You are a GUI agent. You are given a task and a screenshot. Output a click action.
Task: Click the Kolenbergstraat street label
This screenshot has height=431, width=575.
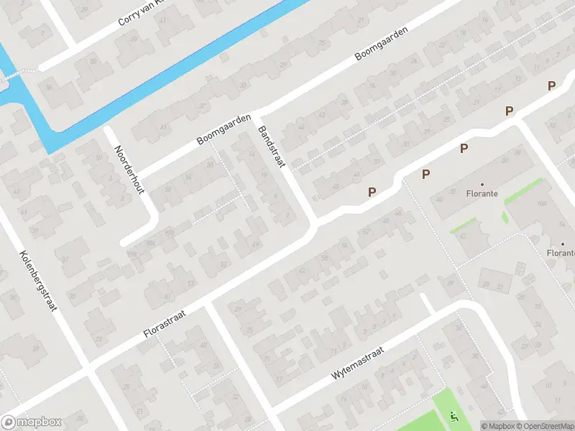pos(40,279)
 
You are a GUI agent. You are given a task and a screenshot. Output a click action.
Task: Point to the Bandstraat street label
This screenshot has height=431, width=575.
pos(271,147)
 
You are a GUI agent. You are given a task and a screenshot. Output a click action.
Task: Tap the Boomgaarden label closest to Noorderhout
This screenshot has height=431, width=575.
pos(224,129)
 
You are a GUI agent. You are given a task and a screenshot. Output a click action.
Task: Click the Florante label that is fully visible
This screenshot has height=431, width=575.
pos(482,193)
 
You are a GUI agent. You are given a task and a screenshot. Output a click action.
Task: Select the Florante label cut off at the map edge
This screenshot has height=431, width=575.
pos(561,252)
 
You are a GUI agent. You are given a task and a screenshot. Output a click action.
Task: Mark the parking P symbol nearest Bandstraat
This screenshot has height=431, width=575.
pos(372,193)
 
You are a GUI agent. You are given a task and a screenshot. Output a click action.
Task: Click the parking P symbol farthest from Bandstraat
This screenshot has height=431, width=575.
pos(551,86)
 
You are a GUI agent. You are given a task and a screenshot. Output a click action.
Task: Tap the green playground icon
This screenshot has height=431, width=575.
pos(453,415)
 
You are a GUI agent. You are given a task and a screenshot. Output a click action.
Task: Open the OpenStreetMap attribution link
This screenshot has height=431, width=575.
pos(544,426)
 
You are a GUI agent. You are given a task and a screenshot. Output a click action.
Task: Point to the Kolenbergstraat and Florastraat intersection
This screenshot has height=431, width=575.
pos(88,368)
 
